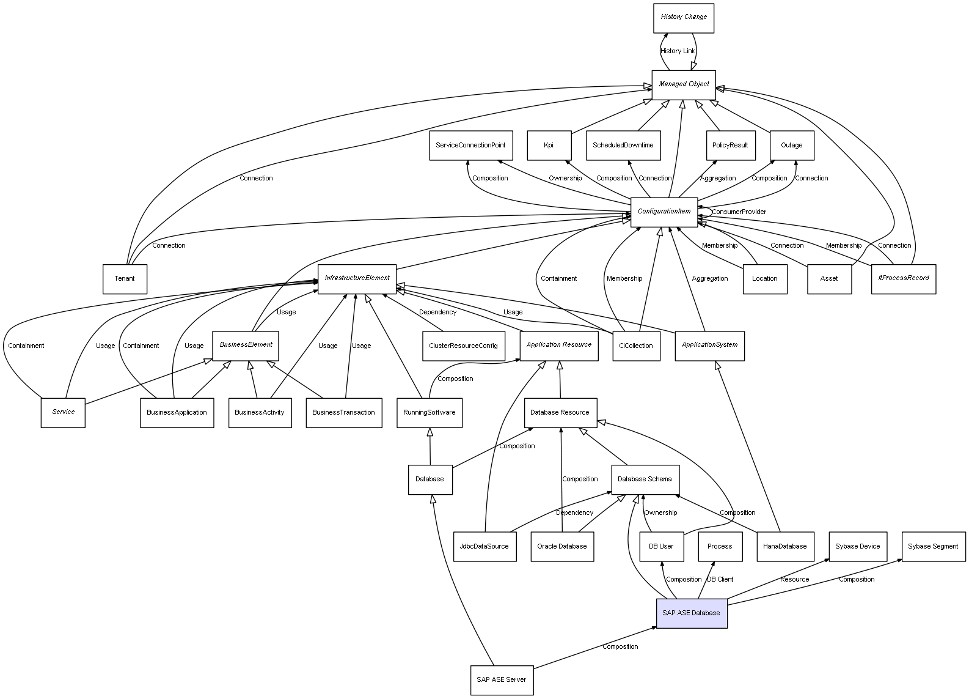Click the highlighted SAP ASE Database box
tap(692, 613)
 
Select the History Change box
tap(684, 18)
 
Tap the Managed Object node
tap(684, 84)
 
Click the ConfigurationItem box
tap(664, 212)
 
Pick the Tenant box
tap(125, 279)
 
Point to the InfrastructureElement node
tap(357, 278)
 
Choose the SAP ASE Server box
tap(502, 679)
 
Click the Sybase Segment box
tap(933, 546)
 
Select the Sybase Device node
tap(858, 546)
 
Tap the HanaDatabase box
tap(785, 546)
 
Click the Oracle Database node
tap(562, 546)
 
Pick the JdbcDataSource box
tap(484, 546)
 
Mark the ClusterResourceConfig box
tap(463, 346)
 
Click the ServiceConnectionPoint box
tap(470, 146)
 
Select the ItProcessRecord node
tap(904, 278)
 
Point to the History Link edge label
tap(678, 51)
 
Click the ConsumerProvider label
tap(739, 212)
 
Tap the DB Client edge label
tap(720, 579)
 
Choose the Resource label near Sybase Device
tap(795, 579)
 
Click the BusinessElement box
tap(246, 345)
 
